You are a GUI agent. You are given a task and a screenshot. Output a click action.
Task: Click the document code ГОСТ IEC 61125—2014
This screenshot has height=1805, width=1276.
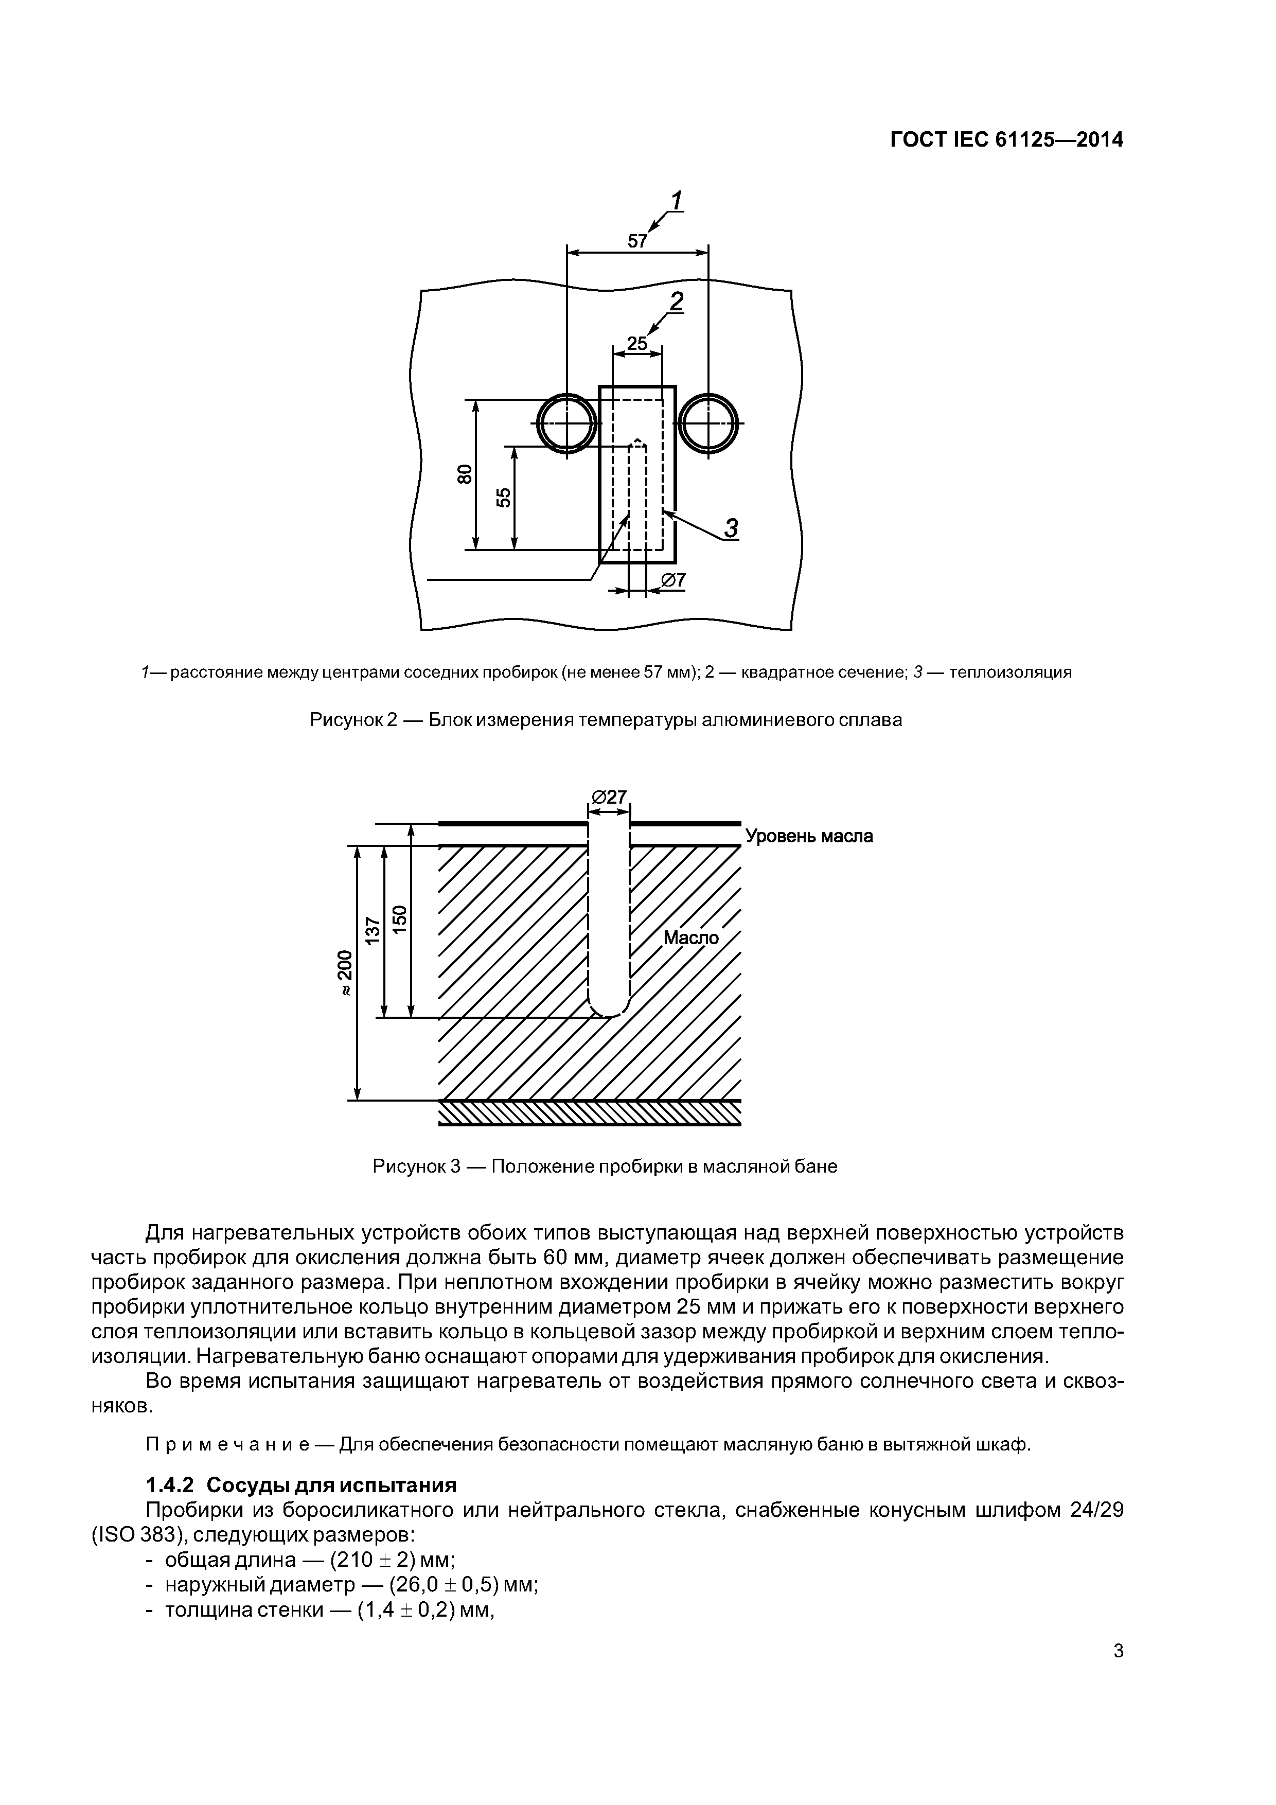pyautogui.click(x=1006, y=140)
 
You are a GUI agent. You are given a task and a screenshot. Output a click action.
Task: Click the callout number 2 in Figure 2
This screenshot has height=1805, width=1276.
pyautogui.click(x=676, y=301)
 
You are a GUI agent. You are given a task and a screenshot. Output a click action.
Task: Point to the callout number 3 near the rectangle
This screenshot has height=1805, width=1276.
pyautogui.click(x=731, y=528)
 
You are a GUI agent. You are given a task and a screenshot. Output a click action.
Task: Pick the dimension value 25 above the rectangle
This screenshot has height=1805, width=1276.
pyautogui.click(x=637, y=344)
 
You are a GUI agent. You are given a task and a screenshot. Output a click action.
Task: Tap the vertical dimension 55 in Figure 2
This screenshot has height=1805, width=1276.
pyautogui.click(x=503, y=497)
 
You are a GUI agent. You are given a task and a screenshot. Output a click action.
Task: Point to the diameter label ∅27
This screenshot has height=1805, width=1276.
pyautogui.click(x=609, y=797)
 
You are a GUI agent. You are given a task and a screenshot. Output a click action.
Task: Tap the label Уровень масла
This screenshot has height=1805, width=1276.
pyautogui.click(x=808, y=836)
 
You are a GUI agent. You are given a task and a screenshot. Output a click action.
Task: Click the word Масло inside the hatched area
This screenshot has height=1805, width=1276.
pyautogui.click(x=691, y=938)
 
